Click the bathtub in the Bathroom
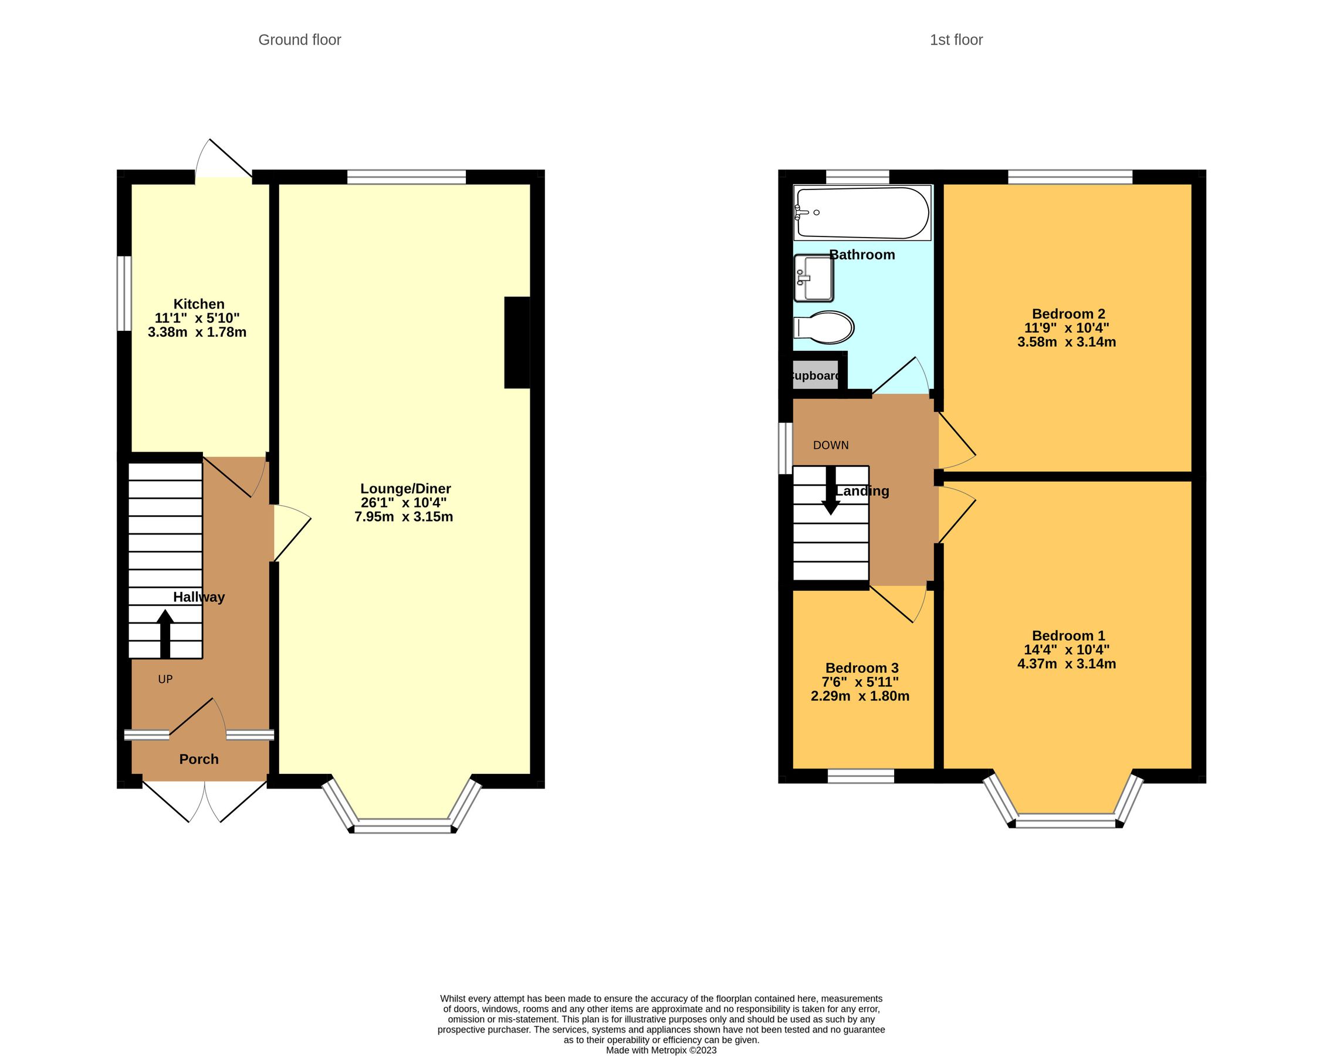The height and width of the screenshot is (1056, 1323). [862, 213]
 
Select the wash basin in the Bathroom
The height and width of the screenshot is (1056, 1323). [814, 279]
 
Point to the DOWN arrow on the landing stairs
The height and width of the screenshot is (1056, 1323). [831, 491]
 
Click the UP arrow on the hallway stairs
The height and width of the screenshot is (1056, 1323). [165, 634]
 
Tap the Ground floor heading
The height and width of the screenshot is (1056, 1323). [299, 40]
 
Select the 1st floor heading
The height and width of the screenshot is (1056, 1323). [956, 40]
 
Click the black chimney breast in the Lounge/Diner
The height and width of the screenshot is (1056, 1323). [517, 343]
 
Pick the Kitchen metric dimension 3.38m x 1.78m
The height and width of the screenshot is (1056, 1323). [197, 333]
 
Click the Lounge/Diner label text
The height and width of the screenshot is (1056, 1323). [405, 489]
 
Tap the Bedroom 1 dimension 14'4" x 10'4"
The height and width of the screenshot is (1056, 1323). [1067, 650]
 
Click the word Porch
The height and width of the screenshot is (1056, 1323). [199, 759]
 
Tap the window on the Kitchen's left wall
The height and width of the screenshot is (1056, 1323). [124, 293]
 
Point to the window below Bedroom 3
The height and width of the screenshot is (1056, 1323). [860, 776]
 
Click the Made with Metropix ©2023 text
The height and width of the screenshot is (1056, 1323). [661, 1050]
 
